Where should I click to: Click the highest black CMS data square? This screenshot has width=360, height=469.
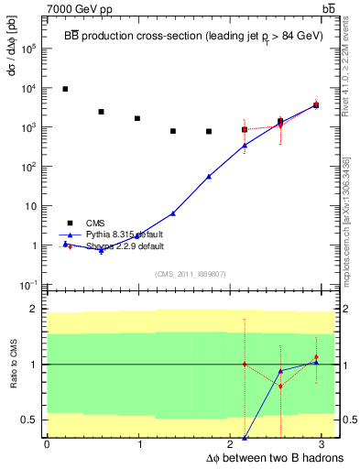65,89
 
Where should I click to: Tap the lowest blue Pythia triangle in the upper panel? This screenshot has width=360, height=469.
102,251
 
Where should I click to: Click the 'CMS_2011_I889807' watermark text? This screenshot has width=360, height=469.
190,273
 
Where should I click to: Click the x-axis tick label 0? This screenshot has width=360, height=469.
47,443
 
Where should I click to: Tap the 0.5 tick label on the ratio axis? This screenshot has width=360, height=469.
30,420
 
